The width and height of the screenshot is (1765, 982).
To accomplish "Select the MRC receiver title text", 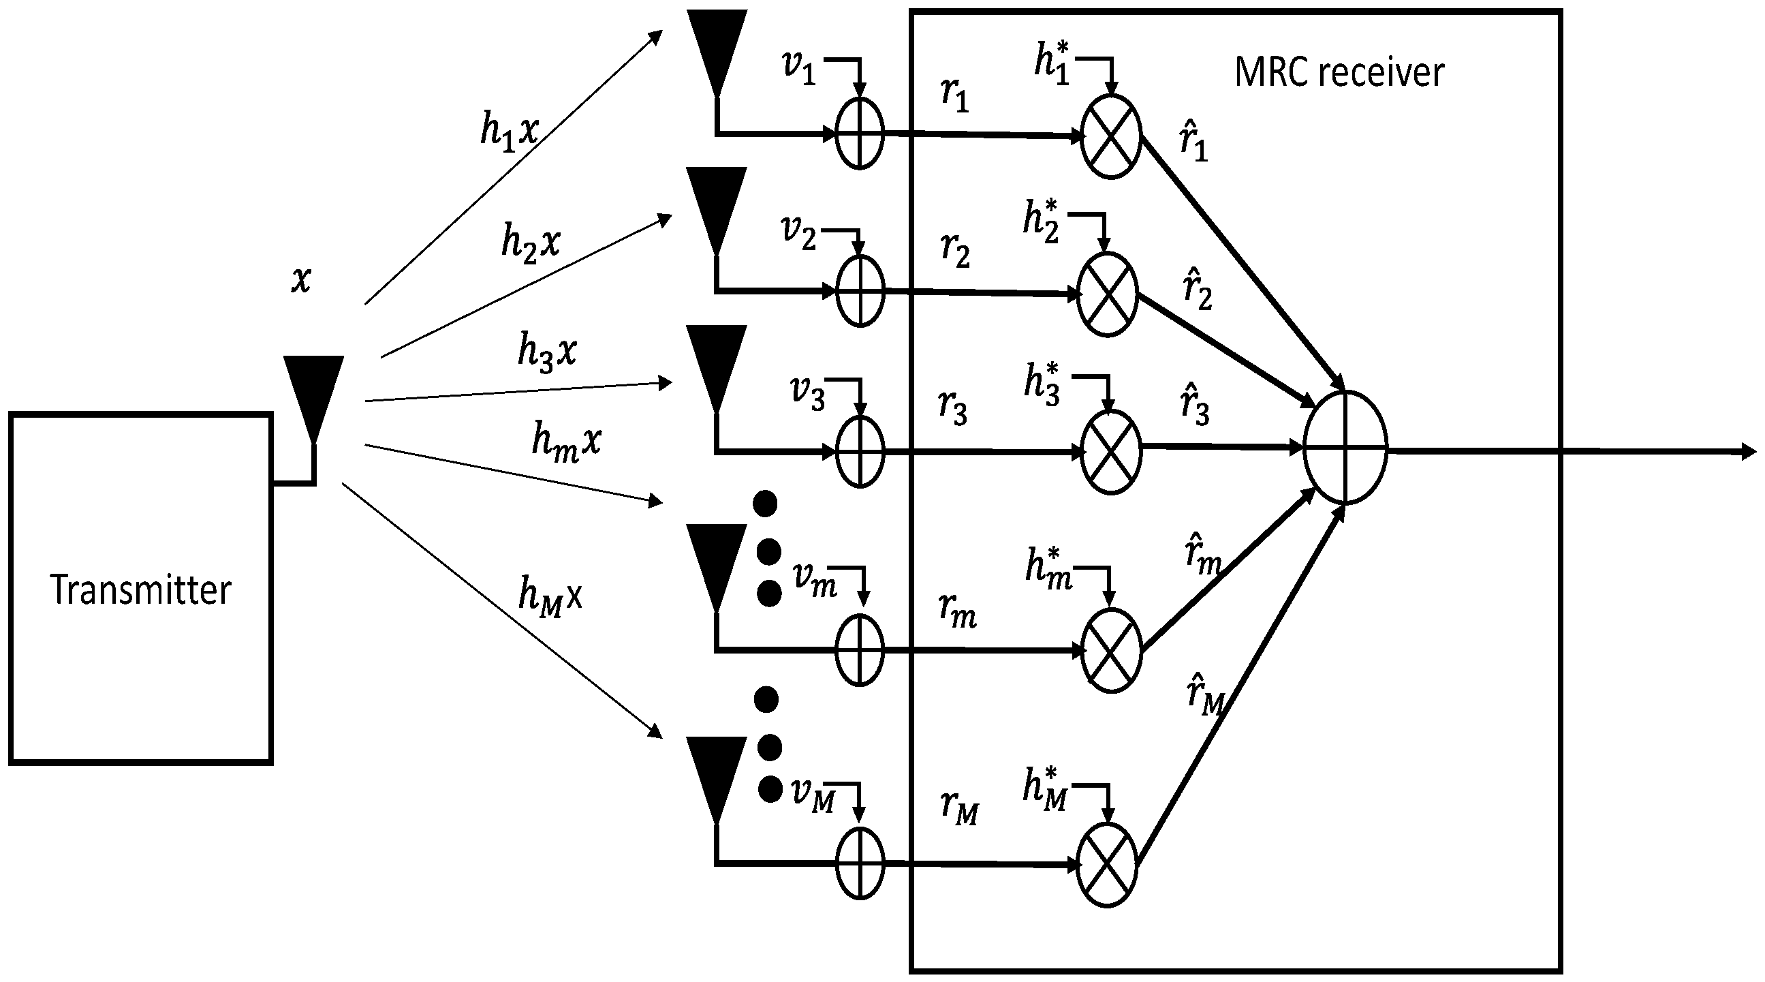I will pyautogui.click(x=1339, y=72).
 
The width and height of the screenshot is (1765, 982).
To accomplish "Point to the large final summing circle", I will pyautogui.click(x=1345, y=448).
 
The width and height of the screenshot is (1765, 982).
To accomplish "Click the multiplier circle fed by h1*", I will pyautogui.click(x=1110, y=137).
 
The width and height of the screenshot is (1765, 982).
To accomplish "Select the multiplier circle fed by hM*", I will pyautogui.click(x=1107, y=864).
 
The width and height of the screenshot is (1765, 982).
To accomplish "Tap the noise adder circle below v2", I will pyautogui.click(x=860, y=290).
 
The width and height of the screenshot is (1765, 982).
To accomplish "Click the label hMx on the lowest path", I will pyautogui.click(x=550, y=596).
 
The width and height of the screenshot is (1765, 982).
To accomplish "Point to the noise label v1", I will pyautogui.click(x=799, y=69).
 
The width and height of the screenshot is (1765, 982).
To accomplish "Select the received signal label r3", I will pyautogui.click(x=953, y=408).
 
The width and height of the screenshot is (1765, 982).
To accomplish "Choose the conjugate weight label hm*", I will pyautogui.click(x=1048, y=568).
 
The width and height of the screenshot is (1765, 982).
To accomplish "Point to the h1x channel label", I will pyautogui.click(x=509, y=132).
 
